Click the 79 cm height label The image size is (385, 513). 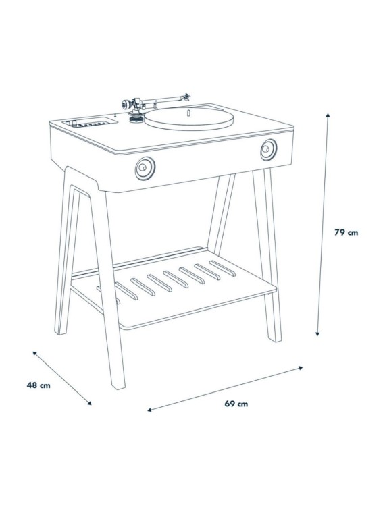pyautogui.click(x=346, y=232)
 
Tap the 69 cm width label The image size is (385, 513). pyautogui.click(x=236, y=404)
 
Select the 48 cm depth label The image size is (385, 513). pyautogui.click(x=38, y=385)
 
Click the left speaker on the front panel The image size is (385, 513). pyautogui.click(x=145, y=167)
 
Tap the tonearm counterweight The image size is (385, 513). pyautogui.click(x=126, y=104)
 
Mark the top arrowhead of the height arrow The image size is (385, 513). pyautogui.click(x=328, y=115)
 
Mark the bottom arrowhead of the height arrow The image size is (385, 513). pyautogui.click(x=318, y=334)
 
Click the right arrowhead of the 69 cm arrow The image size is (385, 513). pyautogui.click(x=301, y=368)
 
